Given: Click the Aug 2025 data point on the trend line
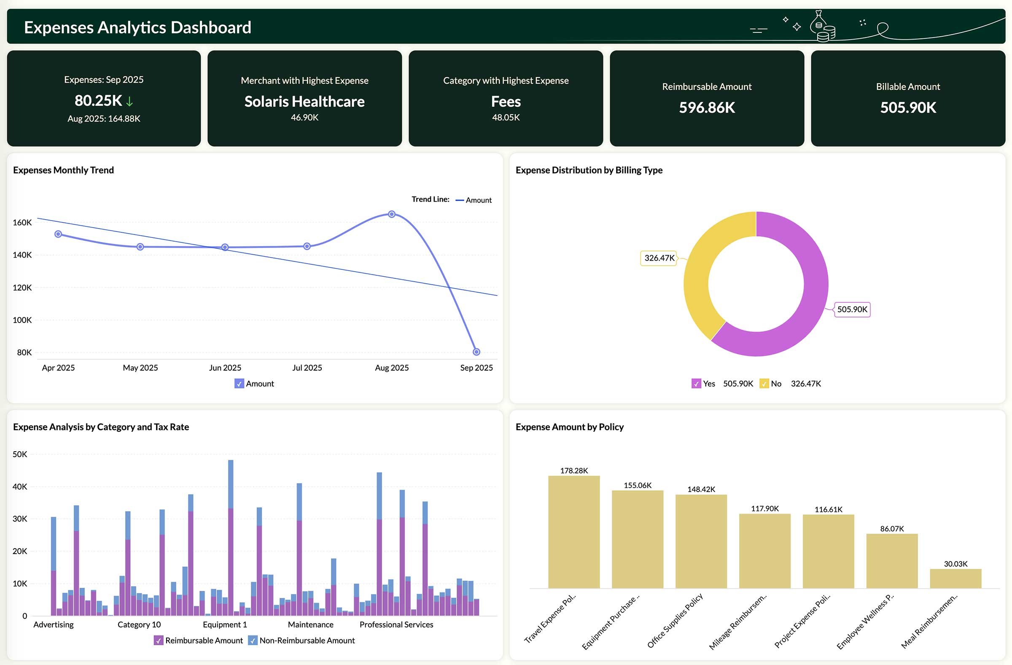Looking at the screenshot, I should (x=392, y=214).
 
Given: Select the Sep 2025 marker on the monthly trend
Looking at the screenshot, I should (x=476, y=352).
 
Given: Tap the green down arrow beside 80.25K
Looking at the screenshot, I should (x=130, y=102).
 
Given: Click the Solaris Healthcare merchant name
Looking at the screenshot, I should (x=304, y=102).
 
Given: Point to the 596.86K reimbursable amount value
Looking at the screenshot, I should (x=707, y=108).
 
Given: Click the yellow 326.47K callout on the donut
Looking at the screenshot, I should (x=659, y=258).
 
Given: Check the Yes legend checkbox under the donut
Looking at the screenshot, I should (x=696, y=383).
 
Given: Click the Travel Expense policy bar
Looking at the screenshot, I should (x=573, y=531).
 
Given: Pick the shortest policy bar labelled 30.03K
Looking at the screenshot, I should (x=955, y=579).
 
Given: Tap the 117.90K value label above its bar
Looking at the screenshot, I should (x=764, y=509).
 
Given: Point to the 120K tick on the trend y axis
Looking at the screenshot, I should (x=22, y=288).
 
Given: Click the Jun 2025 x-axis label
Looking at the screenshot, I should (x=225, y=368).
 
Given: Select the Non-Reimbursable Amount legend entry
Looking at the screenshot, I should (x=306, y=641).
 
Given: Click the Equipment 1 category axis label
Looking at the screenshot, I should (x=224, y=625).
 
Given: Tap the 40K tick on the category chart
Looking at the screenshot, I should (x=20, y=487).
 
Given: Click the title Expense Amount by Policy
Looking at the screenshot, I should (x=569, y=427).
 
